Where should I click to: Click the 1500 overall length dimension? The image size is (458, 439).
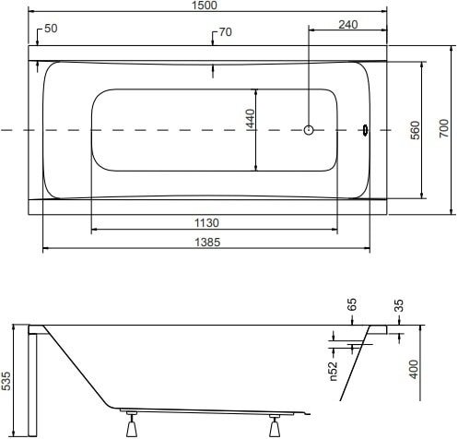click(x=205, y=6)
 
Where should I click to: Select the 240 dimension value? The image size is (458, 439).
click(x=347, y=25)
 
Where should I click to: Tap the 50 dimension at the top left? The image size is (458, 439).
click(x=51, y=30)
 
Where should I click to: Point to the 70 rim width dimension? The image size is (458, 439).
click(x=225, y=33)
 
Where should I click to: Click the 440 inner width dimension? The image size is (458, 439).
click(x=251, y=119)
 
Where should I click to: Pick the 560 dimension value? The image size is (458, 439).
click(x=416, y=130)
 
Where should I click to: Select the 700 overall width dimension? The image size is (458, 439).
click(x=443, y=130)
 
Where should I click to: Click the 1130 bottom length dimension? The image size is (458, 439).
click(x=206, y=222)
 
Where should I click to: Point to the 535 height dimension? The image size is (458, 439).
click(x=7, y=379)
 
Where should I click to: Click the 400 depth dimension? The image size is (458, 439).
click(x=414, y=370)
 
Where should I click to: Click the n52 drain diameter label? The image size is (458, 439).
click(x=334, y=370)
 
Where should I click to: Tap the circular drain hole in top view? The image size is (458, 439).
click(x=309, y=130)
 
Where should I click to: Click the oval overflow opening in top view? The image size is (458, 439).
click(x=366, y=130)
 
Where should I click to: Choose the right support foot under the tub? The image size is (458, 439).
click(x=275, y=427)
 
